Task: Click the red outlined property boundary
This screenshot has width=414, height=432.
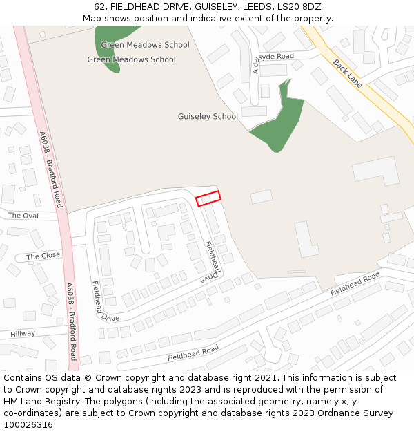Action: [208, 198]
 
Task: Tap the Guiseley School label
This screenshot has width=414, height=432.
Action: [208, 117]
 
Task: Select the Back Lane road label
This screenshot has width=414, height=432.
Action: [347, 73]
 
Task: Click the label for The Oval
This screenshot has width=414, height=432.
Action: [23, 216]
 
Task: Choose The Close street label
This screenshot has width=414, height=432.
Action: [43, 256]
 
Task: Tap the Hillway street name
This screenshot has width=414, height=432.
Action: [23, 334]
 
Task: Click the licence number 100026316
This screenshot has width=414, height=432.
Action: [28, 425]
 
